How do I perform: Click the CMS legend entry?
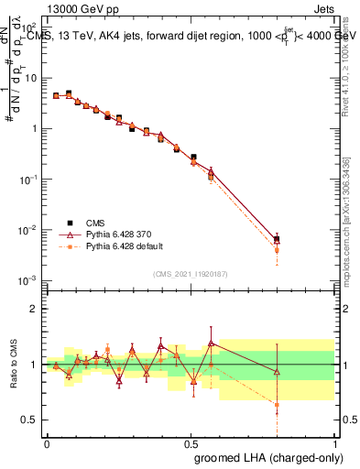pos(95,221)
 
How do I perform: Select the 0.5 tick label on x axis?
pos(191,443)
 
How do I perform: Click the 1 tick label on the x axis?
pos(333,443)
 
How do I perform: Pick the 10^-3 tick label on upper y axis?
pos(29,279)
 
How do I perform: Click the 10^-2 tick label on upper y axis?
pos(29,229)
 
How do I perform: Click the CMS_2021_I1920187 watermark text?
pos(191,273)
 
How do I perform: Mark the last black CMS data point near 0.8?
pos(277,239)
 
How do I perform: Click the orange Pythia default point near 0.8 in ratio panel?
pos(277,404)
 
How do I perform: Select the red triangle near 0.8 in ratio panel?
pos(277,371)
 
